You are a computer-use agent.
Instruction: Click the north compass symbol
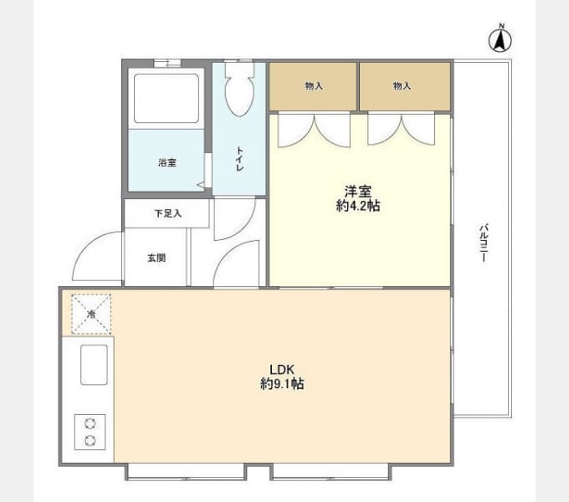500,40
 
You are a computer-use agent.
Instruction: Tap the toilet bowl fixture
239,90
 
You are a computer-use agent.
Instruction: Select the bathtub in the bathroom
167,98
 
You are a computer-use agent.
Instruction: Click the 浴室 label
167,163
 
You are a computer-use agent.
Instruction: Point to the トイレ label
239,159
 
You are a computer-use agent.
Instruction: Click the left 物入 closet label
314,86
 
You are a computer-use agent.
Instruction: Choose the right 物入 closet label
402,86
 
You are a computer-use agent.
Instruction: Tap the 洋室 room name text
358,191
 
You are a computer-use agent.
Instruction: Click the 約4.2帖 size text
358,206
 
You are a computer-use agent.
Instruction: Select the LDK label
282,370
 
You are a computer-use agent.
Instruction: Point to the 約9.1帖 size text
282,384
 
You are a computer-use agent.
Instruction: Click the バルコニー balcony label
484,243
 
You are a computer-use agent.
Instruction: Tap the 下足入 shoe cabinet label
167,213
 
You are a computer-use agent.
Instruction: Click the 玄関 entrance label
156,258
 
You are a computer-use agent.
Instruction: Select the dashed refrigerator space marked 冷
91,314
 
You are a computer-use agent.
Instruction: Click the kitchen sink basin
94,365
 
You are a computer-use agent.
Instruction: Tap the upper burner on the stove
90,423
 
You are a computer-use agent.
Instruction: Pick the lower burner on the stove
90,441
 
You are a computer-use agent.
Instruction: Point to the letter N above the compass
501,26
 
